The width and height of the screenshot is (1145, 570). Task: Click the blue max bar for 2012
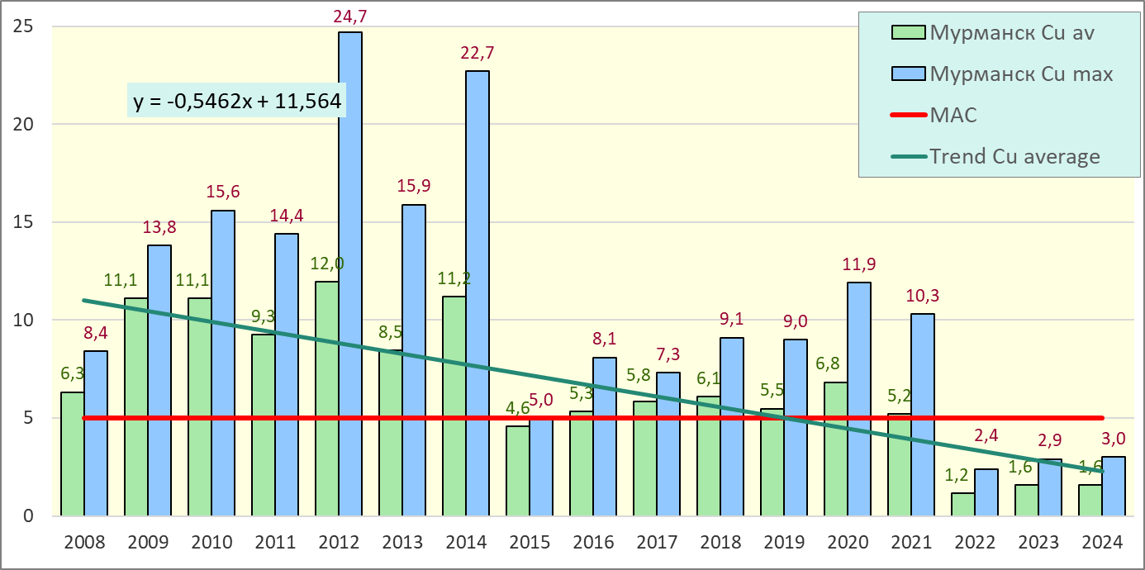(x=350, y=273)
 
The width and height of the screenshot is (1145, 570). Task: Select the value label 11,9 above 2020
(x=859, y=265)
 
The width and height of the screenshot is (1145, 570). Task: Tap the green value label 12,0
(x=328, y=264)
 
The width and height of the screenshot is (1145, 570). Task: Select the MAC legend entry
(x=954, y=115)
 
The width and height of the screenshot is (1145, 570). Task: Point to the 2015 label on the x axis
(x=530, y=543)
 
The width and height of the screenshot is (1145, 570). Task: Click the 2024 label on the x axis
(x=1102, y=543)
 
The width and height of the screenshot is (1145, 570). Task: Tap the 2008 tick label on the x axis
(x=84, y=543)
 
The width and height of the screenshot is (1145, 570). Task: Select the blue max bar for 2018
(x=732, y=426)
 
